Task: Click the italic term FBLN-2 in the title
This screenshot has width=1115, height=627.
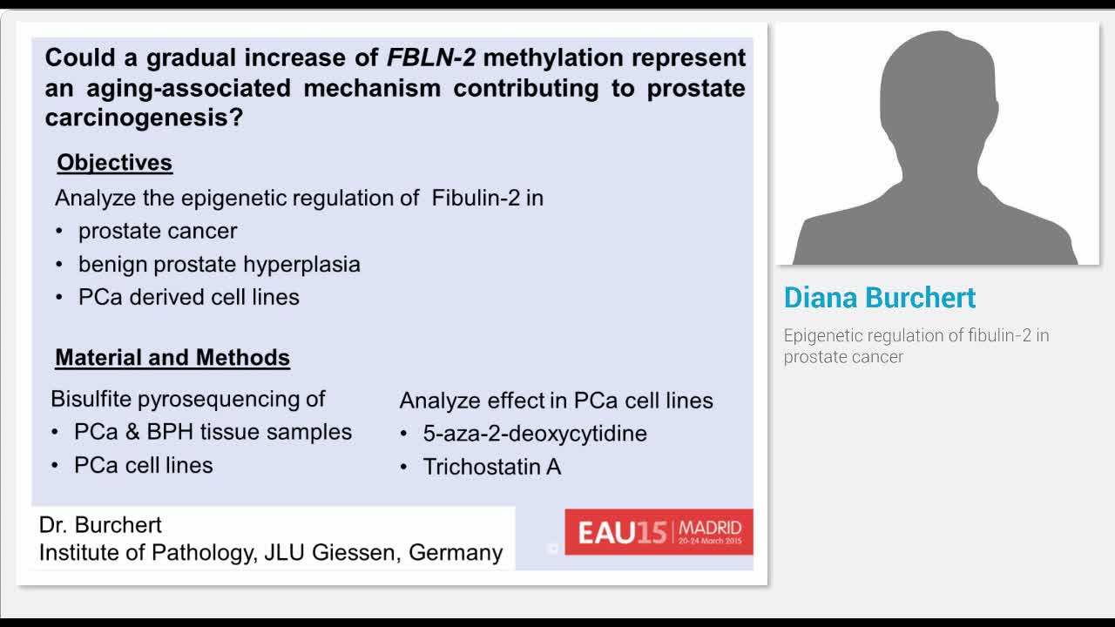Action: click(430, 58)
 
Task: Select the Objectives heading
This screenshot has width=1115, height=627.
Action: click(114, 163)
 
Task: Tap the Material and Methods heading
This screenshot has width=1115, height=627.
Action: click(172, 358)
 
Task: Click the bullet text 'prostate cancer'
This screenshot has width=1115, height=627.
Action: click(158, 231)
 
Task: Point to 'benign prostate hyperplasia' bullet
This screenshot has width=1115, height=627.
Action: click(219, 264)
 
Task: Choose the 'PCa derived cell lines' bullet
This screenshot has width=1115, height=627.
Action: click(188, 297)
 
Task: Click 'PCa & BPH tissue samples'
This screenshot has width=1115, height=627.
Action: click(213, 432)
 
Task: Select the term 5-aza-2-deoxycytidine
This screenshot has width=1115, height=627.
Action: click(535, 434)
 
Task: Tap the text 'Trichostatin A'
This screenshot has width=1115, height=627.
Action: click(491, 467)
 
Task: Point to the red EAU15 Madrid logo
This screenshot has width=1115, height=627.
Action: click(659, 532)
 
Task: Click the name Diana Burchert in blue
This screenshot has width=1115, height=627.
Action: click(879, 298)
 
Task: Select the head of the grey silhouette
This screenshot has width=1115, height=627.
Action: click(936, 96)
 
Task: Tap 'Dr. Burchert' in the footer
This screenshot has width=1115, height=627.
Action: click(100, 525)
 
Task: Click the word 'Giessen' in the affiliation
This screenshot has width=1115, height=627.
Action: click(356, 553)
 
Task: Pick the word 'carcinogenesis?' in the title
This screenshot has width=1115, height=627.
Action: click(144, 118)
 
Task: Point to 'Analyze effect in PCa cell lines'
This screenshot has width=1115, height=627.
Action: click(556, 401)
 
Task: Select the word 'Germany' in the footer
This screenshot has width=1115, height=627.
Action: click(456, 553)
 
